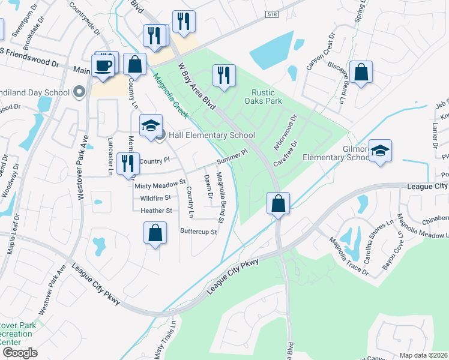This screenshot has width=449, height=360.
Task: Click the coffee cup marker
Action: click(x=103, y=65)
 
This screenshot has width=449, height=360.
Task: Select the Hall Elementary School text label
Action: click(x=211, y=136)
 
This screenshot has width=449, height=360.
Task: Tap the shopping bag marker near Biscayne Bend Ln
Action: click(x=361, y=72)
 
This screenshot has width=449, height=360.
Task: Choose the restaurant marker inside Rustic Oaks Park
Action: click(x=224, y=76)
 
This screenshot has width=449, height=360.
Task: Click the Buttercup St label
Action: click(x=198, y=232)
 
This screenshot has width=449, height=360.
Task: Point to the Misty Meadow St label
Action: click(x=160, y=186)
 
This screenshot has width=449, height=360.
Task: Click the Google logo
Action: click(x=20, y=353)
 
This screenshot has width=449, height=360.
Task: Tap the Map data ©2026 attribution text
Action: click(x=423, y=355)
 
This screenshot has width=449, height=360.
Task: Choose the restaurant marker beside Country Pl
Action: click(x=127, y=163)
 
